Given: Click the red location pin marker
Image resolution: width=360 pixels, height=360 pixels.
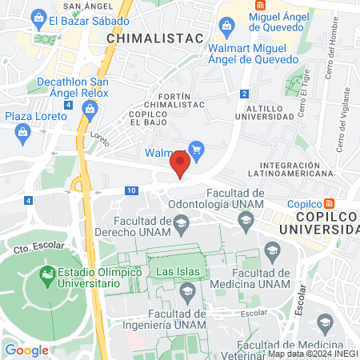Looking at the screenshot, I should [180, 166].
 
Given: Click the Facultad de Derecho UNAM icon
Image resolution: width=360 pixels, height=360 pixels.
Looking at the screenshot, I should [182, 222].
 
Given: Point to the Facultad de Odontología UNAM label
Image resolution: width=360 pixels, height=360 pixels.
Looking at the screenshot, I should [235, 199].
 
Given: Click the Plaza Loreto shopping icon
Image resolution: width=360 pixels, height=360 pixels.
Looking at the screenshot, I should [65, 116].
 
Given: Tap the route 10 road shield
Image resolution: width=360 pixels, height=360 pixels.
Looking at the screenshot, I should [130, 190].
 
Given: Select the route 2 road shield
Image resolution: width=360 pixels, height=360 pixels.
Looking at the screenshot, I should [242, 94].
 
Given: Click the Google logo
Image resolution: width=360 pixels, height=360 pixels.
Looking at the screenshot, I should [26, 350].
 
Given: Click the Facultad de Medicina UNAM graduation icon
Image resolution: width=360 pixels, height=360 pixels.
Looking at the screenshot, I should [274, 252].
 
